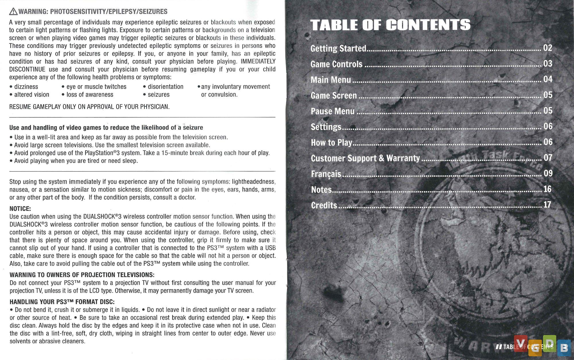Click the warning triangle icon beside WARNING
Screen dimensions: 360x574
(13, 12)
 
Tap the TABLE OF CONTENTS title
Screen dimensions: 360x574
(390, 25)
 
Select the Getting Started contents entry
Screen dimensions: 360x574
(338, 48)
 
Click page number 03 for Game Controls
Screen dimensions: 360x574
(548, 63)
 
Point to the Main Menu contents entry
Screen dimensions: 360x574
(331, 79)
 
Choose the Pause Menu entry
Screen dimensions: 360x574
(333, 111)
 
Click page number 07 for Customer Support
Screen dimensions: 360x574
(548, 157)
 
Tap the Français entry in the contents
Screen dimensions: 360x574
(326, 174)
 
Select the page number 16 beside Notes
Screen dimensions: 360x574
(548, 189)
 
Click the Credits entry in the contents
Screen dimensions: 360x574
(324, 205)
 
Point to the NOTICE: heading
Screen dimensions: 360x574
(20, 209)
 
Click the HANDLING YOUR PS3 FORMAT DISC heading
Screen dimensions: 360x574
(62, 302)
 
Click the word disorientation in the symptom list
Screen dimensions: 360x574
(165, 87)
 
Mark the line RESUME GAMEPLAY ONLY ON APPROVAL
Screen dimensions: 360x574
(89, 107)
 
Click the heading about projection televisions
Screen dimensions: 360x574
(82, 275)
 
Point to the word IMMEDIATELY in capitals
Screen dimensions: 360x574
(258, 61)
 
